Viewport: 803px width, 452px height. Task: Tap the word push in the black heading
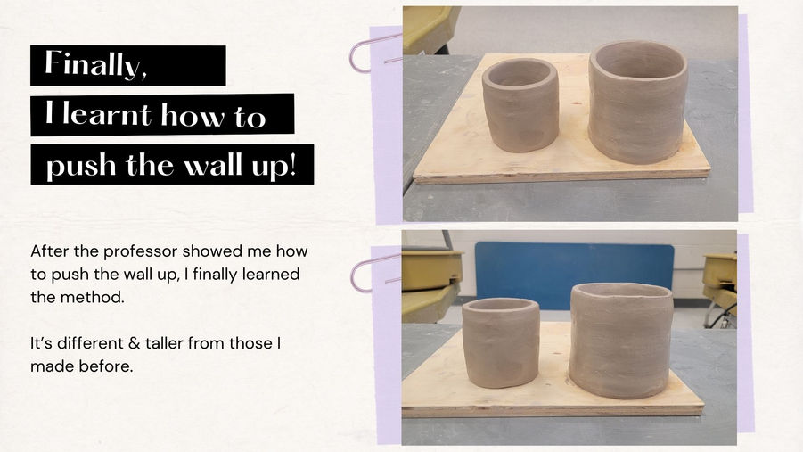point(81,166)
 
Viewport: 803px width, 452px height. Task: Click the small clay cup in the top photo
point(520,105)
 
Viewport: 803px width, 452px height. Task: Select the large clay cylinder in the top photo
point(637,102)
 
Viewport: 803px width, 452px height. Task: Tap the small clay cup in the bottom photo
point(500,342)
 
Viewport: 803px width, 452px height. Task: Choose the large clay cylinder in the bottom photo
point(620,340)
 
